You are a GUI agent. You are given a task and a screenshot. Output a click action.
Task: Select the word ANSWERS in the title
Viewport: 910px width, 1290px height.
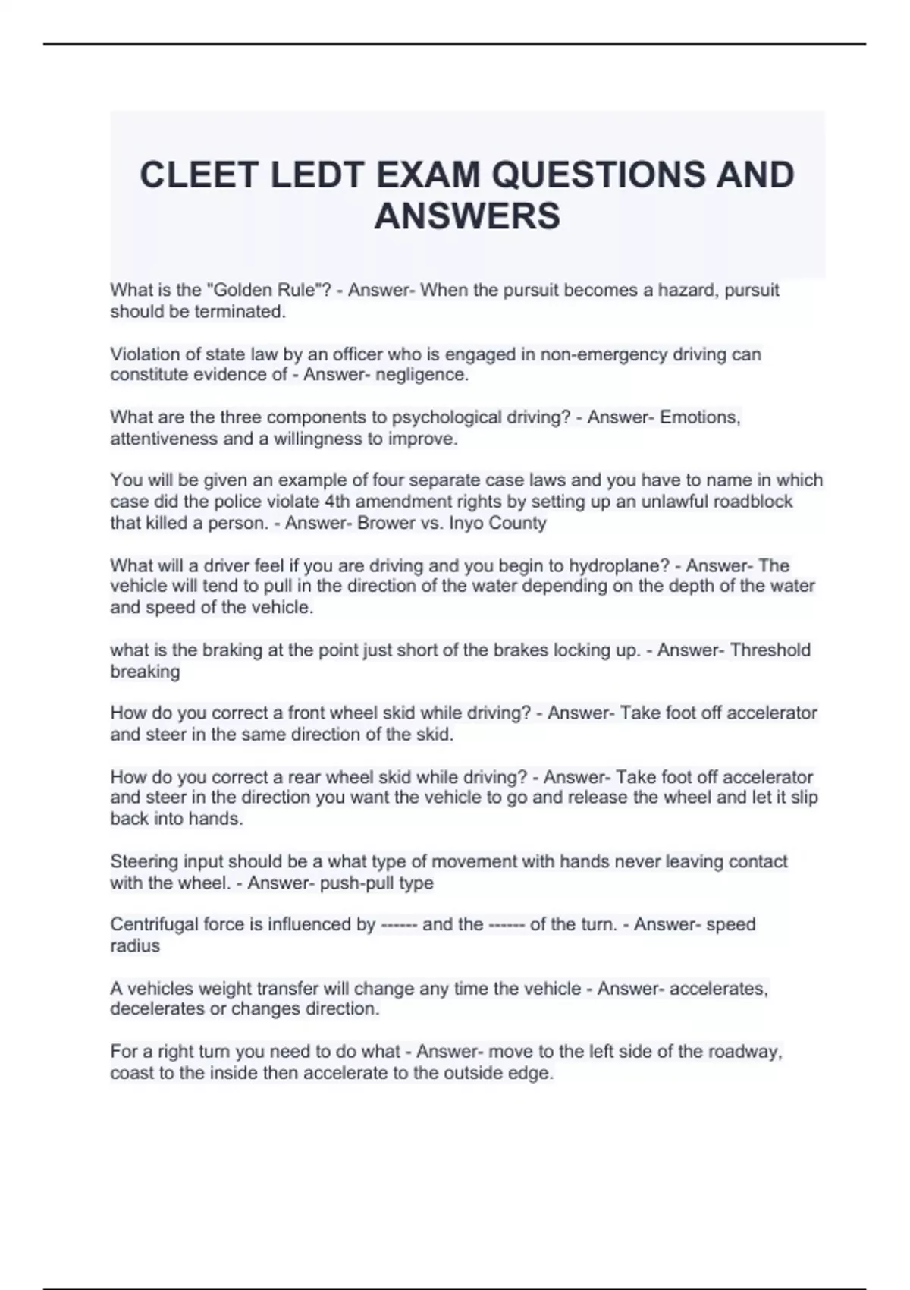tap(467, 216)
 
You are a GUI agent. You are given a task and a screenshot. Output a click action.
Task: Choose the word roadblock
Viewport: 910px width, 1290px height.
tap(750, 502)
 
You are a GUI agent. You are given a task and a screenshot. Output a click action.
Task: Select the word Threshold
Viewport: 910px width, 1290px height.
tap(770, 650)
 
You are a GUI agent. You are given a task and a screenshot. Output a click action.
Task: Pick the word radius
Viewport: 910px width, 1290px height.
tap(135, 945)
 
